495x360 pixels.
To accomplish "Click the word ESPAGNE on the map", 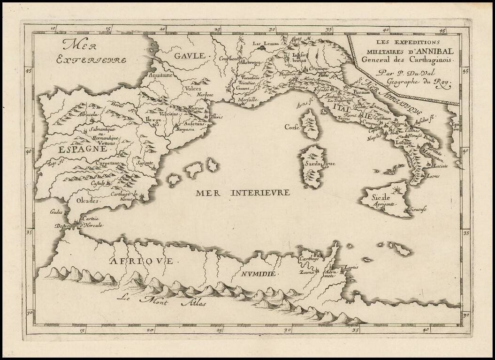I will pyautogui.click(x=83, y=150).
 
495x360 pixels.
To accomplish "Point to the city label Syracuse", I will pyautogui.click(x=417, y=210).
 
